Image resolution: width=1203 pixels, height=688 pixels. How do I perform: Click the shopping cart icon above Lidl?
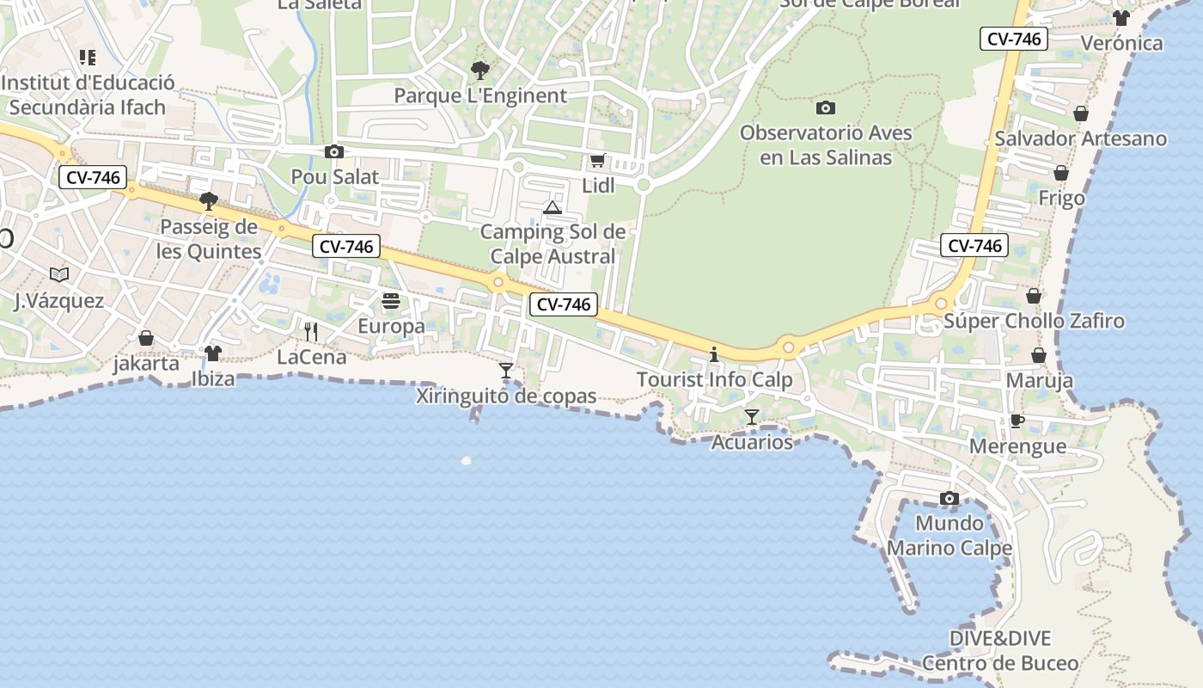(597, 160)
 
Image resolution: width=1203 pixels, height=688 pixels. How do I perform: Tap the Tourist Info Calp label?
(714, 379)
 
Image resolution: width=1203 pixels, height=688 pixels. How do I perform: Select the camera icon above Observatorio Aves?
(825, 108)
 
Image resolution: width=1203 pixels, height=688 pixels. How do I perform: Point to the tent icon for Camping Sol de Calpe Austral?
(552, 207)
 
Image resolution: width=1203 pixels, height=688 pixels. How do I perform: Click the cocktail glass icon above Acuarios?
(752, 417)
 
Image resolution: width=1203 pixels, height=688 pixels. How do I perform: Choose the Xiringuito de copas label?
(506, 396)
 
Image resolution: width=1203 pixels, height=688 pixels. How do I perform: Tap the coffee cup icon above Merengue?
(1017, 421)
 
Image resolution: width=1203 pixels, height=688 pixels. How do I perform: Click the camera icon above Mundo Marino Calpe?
(950, 499)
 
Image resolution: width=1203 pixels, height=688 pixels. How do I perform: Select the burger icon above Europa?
(391, 301)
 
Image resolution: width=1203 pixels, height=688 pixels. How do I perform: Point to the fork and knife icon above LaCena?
(311, 332)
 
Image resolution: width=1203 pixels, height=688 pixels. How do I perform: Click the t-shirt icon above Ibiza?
(213, 353)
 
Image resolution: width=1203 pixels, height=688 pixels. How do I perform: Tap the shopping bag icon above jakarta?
(146, 338)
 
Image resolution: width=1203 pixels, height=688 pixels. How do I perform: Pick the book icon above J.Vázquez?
(58, 275)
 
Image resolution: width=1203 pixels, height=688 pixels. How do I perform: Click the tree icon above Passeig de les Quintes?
(208, 201)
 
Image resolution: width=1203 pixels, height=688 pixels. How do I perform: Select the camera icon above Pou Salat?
(334, 152)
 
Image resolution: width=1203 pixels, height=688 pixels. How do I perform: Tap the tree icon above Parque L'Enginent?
(479, 70)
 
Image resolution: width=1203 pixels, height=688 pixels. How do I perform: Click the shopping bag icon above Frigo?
(1061, 173)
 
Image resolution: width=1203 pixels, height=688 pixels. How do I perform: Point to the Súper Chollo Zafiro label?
(1034, 322)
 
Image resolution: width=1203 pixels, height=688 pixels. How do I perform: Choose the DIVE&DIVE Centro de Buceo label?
(1000, 651)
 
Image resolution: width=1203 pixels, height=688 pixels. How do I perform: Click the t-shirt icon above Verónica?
(1121, 17)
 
